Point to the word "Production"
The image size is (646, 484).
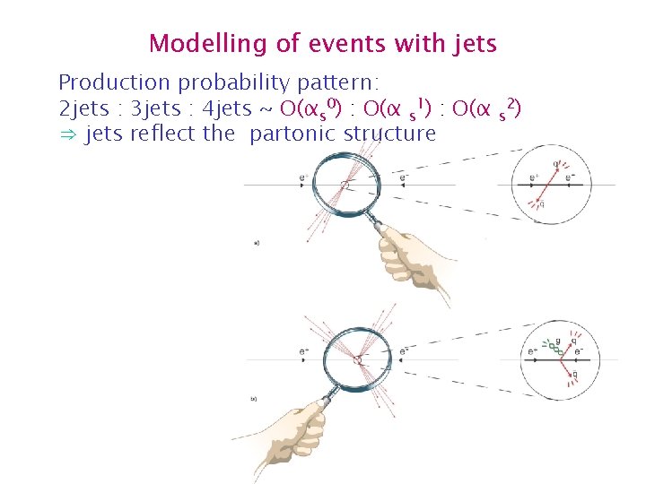coord(114,83)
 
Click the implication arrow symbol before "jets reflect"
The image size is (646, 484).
coord(66,135)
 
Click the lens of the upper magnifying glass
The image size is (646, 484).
coord(346,184)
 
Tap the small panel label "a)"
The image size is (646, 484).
coord(258,242)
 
